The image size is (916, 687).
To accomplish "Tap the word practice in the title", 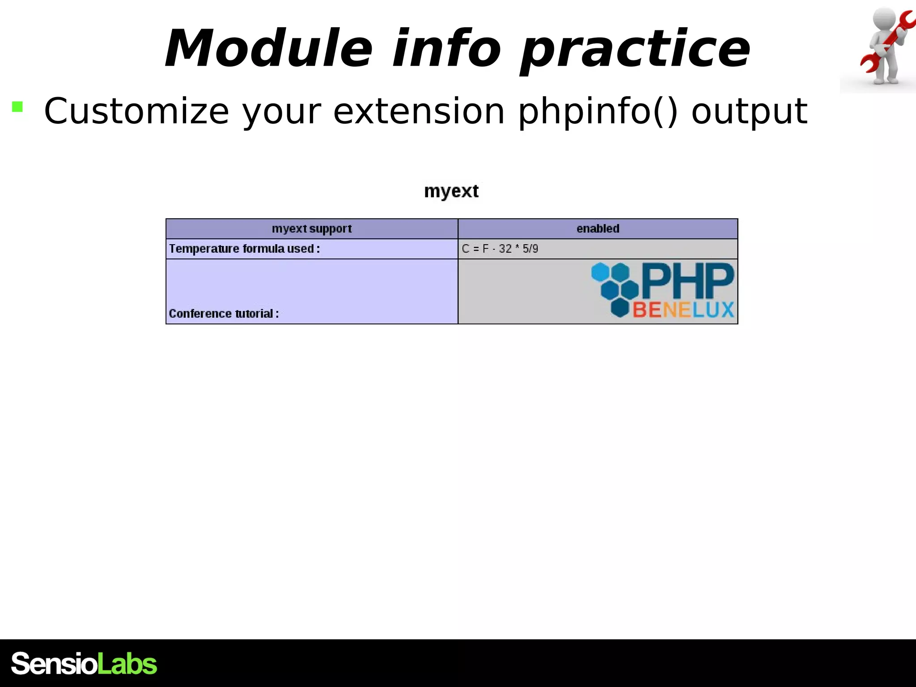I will (635, 49).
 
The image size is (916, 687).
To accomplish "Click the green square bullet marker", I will (17, 106).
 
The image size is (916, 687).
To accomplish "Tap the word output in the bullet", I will (749, 112).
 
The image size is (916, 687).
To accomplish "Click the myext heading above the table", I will (451, 191).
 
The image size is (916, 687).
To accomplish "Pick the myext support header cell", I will (312, 229).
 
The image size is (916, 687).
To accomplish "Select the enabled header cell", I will (598, 229).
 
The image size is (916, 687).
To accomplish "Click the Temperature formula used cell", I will (244, 249).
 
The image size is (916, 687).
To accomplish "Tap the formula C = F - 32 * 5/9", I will (500, 249).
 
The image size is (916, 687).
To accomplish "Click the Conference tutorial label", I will (224, 314).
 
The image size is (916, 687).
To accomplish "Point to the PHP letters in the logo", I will (687, 281).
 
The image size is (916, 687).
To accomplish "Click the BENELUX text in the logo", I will (683, 310).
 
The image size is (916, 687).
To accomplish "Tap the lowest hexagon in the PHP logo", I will (620, 308).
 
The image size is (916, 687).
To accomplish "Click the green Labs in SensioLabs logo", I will (127, 663).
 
